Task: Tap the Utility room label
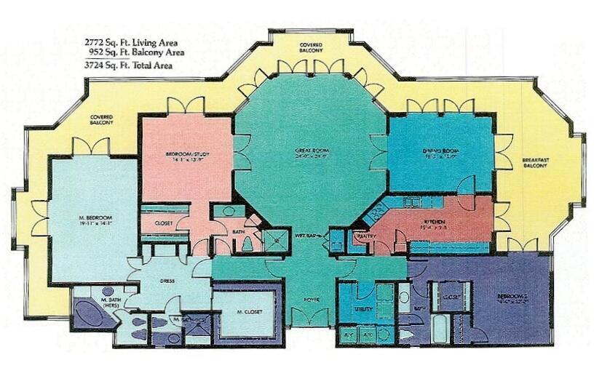(x=363, y=309)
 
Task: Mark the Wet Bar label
(x=304, y=234)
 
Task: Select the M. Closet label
(x=247, y=313)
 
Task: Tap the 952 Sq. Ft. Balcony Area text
(x=135, y=52)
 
